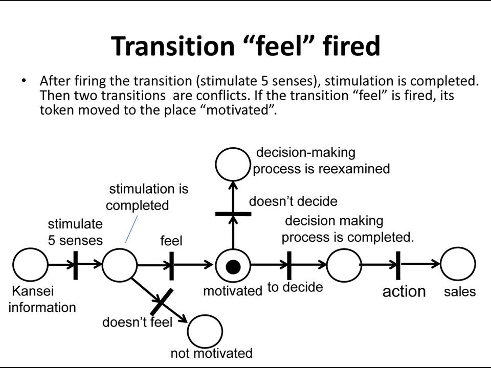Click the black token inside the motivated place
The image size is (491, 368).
point(233,267)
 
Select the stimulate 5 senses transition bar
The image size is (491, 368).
point(76,265)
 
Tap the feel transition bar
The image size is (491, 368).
point(171,266)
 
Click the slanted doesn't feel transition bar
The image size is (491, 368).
point(161,302)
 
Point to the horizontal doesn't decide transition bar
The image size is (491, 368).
point(233,214)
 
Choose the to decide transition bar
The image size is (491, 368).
point(289,266)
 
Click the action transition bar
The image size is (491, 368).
point(398,266)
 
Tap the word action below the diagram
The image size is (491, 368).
point(404,291)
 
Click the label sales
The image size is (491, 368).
point(460,292)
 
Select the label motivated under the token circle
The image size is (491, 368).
point(233,291)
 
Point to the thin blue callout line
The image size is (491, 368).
point(131,229)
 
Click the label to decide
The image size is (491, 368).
point(295,287)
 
